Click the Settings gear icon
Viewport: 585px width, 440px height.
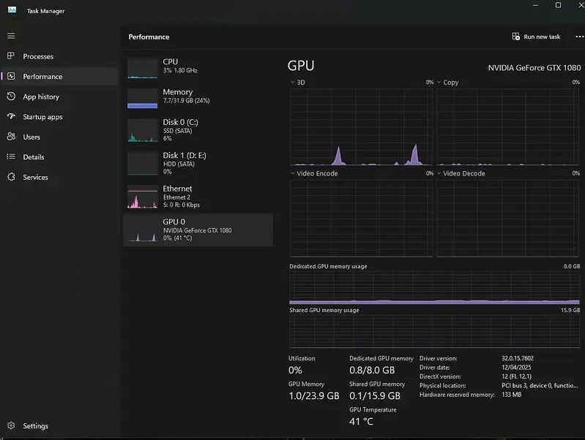pos(11,425)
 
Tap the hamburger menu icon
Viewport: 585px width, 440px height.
pos(11,36)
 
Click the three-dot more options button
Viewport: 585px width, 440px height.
pos(579,37)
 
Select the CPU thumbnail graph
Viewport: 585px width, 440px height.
pos(143,68)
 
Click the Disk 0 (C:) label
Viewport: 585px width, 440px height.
pos(180,122)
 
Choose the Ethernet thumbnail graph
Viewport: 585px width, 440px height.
pos(143,197)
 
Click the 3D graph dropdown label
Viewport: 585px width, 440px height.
pos(298,83)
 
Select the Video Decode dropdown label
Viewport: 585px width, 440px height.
pos(461,174)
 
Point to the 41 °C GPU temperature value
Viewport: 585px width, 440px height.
pos(361,422)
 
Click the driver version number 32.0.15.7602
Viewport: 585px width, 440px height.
pos(517,358)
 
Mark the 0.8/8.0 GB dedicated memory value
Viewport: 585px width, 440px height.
pos(372,370)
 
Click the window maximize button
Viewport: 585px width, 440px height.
pos(558,5)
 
